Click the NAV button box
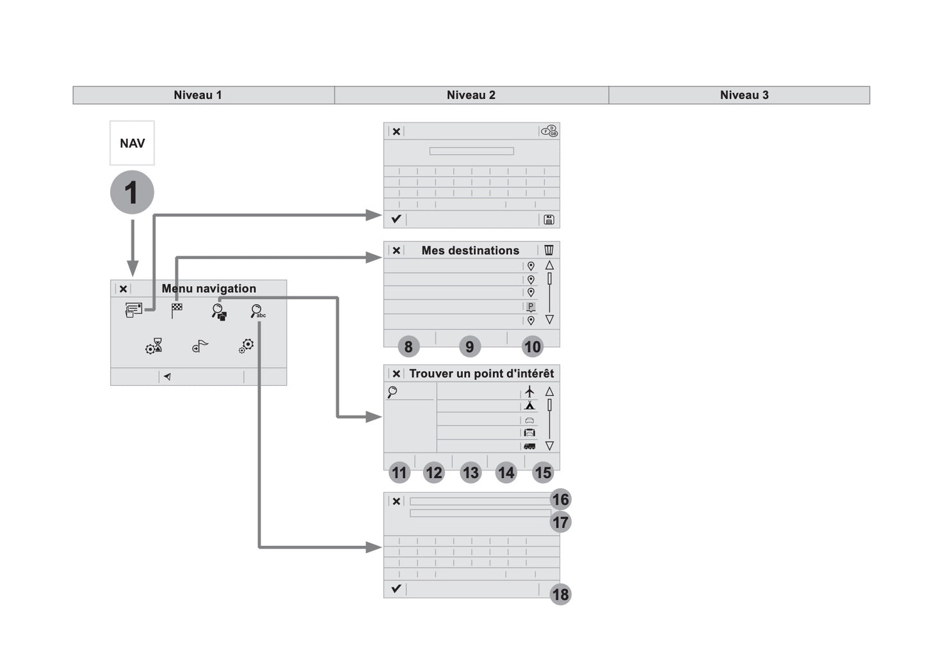tap(132, 143)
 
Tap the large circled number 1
tap(132, 192)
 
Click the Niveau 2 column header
tap(471, 95)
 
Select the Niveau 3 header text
tap(744, 95)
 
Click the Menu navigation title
tap(209, 289)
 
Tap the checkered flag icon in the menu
tap(177, 310)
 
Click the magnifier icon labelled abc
tap(257, 312)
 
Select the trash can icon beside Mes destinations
tap(549, 250)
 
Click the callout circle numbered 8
tap(408, 347)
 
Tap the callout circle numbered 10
tap(532, 347)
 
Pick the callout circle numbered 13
tap(471, 473)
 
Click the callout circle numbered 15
tap(543, 473)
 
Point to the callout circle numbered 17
tap(560, 522)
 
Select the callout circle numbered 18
tap(560, 595)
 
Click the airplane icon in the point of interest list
tap(529, 391)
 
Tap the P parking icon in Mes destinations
tap(531, 307)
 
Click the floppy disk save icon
tap(549, 220)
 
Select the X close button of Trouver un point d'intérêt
tap(396, 374)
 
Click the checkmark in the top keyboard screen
tap(396, 219)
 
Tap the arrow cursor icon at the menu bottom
tap(167, 377)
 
